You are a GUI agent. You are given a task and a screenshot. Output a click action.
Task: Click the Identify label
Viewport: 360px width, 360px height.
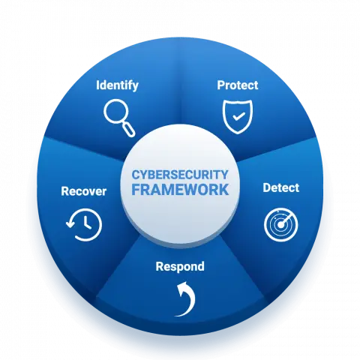(x=117, y=85)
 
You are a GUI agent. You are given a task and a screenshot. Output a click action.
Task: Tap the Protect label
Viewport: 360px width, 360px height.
(x=238, y=85)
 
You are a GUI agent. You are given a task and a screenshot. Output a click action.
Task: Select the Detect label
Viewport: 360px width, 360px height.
(x=280, y=187)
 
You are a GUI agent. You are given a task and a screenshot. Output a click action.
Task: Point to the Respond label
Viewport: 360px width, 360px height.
(x=180, y=267)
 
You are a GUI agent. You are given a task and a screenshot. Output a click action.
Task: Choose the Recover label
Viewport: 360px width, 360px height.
(x=84, y=191)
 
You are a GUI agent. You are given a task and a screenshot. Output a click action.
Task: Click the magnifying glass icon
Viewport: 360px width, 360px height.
(x=119, y=118)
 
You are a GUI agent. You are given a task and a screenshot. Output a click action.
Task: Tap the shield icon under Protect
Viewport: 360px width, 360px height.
(x=238, y=117)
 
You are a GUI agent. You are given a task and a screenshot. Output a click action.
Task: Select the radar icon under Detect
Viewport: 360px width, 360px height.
(x=281, y=225)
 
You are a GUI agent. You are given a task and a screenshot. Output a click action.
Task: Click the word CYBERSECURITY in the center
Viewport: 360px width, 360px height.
(x=180, y=175)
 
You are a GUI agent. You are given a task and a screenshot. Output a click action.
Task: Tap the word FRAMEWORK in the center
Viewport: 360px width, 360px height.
(x=180, y=190)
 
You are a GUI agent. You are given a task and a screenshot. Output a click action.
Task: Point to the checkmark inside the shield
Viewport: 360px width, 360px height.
(x=238, y=116)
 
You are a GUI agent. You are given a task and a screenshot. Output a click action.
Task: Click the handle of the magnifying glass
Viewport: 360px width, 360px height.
(x=129, y=129)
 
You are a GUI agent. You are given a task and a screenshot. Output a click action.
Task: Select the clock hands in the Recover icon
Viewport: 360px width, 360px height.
(x=85, y=223)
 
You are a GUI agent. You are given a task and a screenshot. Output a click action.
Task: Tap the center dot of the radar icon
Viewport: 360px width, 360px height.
(x=281, y=225)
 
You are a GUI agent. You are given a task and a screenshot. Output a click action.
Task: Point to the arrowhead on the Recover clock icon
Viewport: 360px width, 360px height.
(x=70, y=223)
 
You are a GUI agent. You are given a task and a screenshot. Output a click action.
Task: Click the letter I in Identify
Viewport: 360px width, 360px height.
(x=97, y=85)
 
